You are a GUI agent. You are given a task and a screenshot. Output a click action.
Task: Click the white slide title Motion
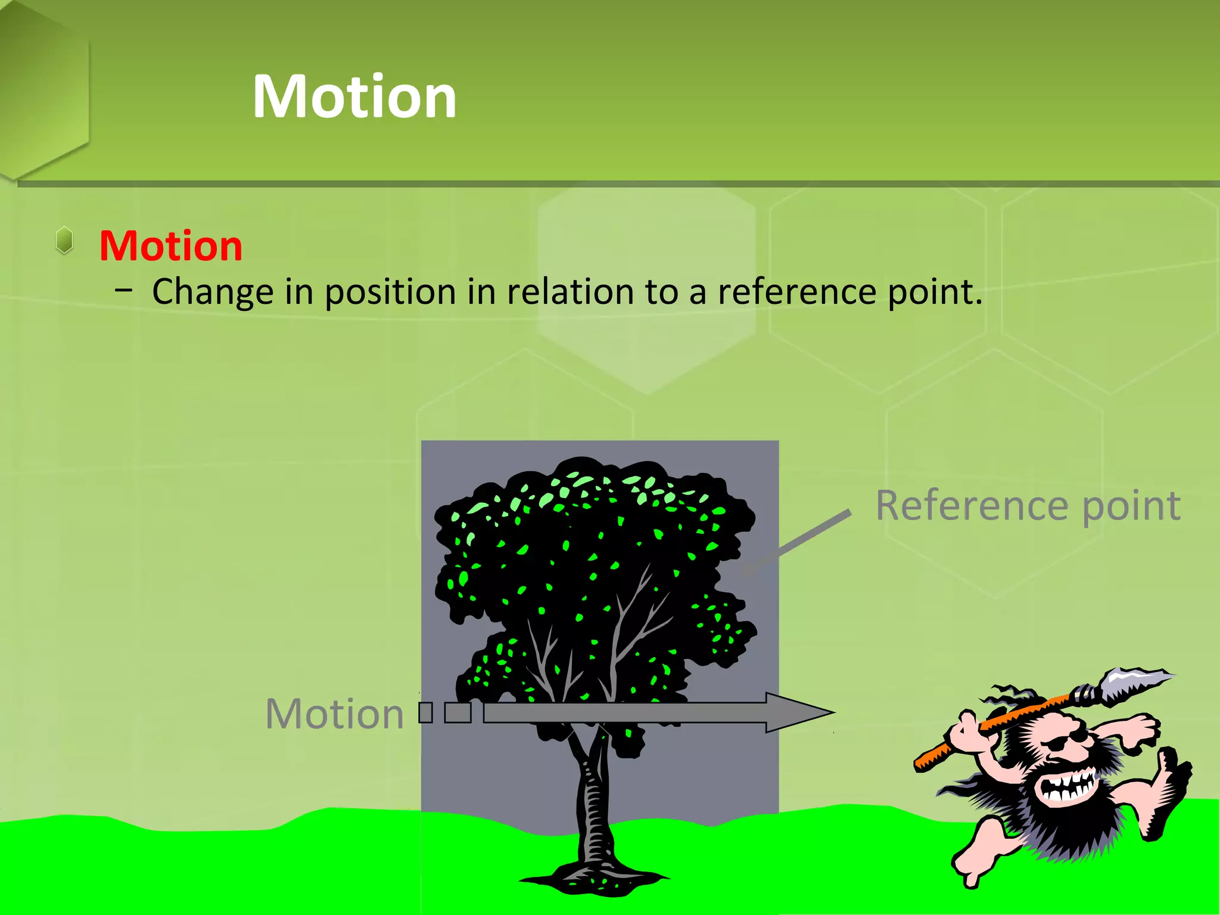coord(354,97)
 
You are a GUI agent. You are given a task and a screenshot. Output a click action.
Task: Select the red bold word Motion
coord(171,246)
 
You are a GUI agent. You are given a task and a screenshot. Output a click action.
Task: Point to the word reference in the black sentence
coord(797,292)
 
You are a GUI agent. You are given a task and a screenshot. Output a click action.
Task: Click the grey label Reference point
coord(1028,506)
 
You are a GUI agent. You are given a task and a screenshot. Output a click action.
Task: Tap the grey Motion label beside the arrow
coord(335,714)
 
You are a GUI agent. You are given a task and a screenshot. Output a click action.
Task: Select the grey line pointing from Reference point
coord(798,541)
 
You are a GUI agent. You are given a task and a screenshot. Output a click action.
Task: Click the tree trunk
coord(593,804)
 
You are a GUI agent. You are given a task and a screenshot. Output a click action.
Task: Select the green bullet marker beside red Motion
coord(64,241)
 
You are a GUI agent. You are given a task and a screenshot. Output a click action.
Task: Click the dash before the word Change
coord(125,291)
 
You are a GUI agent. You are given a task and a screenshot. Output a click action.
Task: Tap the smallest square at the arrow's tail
coord(425,712)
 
